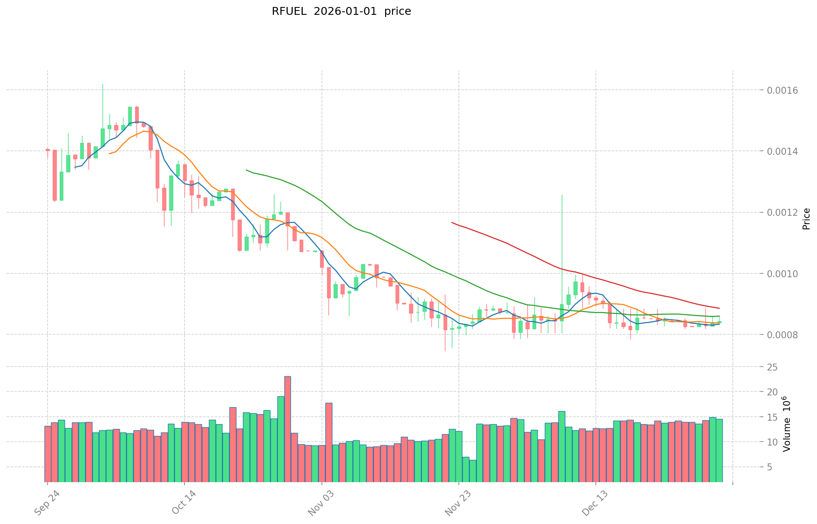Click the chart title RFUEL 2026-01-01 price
tap(341, 11)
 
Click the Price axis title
tap(806, 219)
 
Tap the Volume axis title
tap(787, 424)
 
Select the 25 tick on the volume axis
tap(773, 367)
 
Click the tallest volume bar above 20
tap(287, 429)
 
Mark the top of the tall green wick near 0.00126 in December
tap(562, 195)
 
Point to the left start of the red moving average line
tap(452, 222)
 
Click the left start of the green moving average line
tap(246, 170)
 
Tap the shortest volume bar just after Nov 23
tap(472, 471)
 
